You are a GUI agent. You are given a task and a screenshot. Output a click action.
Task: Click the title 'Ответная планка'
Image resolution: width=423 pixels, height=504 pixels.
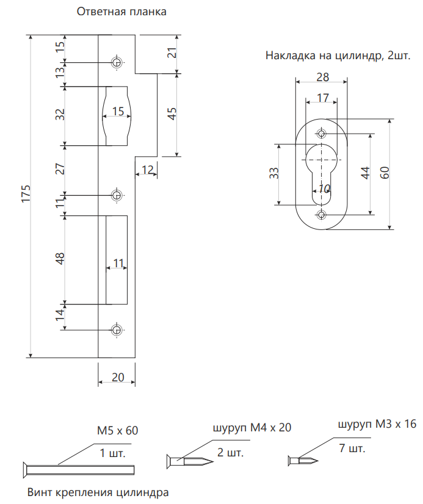121,12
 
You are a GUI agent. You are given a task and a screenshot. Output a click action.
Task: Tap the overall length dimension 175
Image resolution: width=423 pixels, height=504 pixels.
26,193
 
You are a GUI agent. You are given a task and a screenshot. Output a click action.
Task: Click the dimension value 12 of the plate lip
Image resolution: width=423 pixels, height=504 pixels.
147,169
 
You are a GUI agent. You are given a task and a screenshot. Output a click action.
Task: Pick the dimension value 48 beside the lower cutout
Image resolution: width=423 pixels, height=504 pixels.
60,259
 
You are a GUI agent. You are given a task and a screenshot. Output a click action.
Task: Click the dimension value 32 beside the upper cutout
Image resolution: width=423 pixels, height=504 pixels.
60,115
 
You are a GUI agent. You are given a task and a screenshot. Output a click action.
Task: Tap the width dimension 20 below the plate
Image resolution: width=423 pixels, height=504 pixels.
117,377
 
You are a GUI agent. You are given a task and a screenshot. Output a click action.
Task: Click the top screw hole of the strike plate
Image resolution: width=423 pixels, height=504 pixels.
116,62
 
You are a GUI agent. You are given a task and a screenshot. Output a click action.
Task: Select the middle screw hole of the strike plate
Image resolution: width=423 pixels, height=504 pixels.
116,195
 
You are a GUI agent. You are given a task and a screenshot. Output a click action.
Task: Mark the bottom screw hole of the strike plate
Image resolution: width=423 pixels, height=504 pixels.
116,329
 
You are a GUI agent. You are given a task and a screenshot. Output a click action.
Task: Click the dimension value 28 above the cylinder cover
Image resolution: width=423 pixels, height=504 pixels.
322,77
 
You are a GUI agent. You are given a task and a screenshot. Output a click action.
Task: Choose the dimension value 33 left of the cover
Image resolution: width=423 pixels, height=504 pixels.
274,173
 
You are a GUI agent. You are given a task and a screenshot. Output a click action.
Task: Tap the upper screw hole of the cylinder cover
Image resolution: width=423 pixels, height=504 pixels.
322,134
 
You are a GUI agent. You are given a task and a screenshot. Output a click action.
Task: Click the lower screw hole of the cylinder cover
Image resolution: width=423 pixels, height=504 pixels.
322,214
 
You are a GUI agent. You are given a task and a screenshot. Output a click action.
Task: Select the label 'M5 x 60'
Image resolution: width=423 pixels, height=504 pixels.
117,430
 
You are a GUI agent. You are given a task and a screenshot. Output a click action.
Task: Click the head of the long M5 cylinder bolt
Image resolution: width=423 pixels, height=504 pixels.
26,469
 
